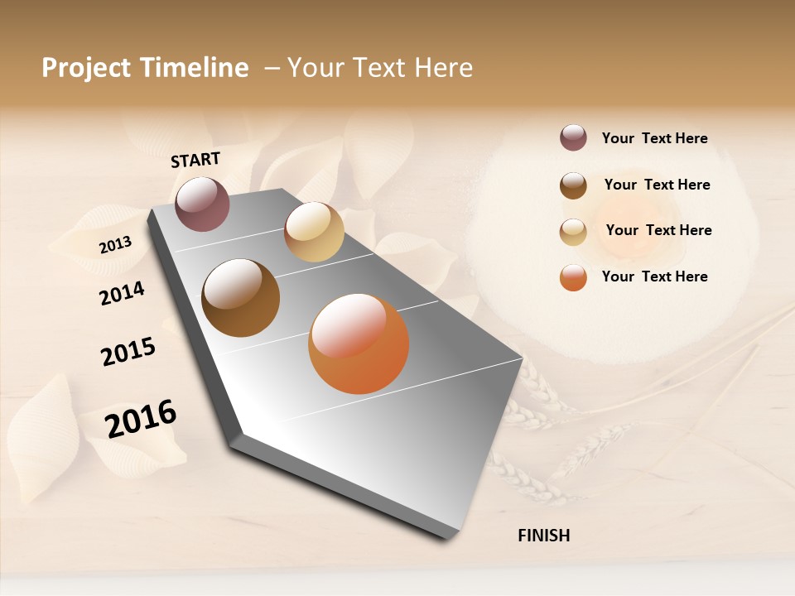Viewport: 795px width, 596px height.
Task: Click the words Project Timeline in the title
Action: (145, 68)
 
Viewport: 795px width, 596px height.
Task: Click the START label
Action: (195, 160)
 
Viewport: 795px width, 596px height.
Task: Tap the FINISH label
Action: (543, 536)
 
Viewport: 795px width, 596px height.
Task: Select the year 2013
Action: (115, 244)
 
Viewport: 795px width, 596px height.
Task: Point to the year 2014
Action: (122, 293)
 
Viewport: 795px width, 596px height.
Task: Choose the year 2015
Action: (128, 352)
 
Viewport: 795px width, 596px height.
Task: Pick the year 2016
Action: (141, 418)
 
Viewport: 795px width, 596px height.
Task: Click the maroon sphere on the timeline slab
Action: (202, 204)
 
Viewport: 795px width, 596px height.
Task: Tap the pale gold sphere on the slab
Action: (314, 232)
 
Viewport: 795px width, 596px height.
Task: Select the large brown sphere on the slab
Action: (241, 298)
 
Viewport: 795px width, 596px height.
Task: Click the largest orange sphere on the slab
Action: (359, 344)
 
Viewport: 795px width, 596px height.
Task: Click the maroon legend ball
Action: (573, 137)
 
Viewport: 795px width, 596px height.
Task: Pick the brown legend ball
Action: (573, 185)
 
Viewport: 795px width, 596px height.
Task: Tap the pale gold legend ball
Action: (573, 232)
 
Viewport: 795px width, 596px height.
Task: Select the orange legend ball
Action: (573, 277)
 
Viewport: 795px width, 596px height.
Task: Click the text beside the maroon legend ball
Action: (654, 138)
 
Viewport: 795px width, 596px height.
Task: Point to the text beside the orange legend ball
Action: (654, 276)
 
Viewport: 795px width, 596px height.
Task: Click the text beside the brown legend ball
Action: (657, 185)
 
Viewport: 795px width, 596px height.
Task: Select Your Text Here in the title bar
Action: (380, 68)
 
